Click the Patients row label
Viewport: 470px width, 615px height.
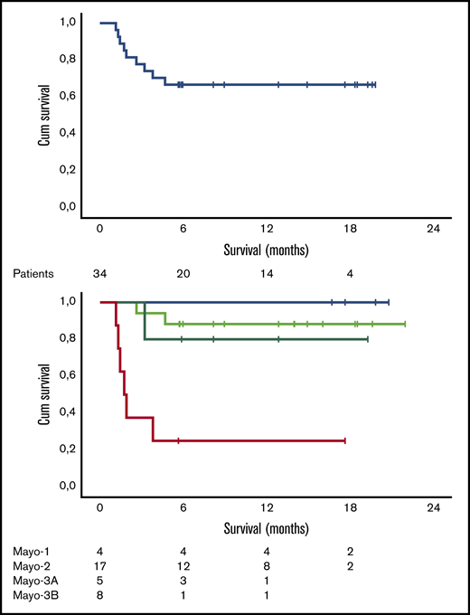[x=29, y=272]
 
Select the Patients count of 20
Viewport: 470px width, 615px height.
[x=183, y=272]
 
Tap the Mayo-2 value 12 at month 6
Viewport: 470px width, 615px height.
[x=183, y=565]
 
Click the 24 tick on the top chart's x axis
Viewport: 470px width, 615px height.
[x=433, y=229]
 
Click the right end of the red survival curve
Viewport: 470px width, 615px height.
[x=345, y=440]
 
